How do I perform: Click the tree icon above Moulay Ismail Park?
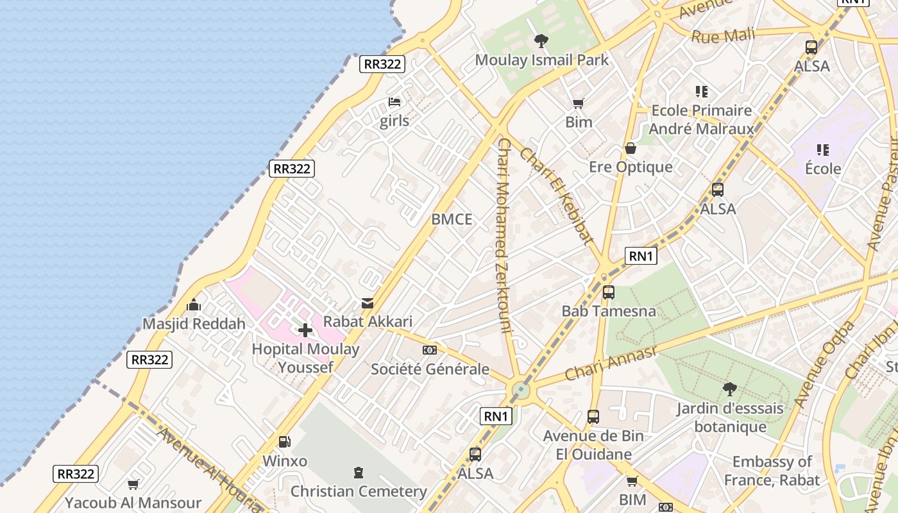coord(541,42)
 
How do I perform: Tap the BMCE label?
coord(452,219)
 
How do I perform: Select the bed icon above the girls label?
coord(394,102)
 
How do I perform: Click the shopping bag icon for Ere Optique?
coord(631,149)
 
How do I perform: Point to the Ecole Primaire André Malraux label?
coord(701,120)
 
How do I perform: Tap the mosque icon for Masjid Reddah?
coord(194,305)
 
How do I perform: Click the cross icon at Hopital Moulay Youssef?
coord(305,330)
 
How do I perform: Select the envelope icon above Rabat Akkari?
coord(368,303)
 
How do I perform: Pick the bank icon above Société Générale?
coord(430,350)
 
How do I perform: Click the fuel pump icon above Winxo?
coord(285,441)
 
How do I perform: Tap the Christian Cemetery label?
coord(359,491)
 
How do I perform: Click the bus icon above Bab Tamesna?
coord(609,292)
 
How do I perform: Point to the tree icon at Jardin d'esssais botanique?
coord(729,389)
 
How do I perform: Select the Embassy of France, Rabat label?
coord(772,471)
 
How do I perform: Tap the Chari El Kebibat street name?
coord(555,196)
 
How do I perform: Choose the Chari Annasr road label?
coord(611,363)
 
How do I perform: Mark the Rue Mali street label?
coord(723,35)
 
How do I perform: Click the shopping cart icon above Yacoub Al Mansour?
coord(133,484)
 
